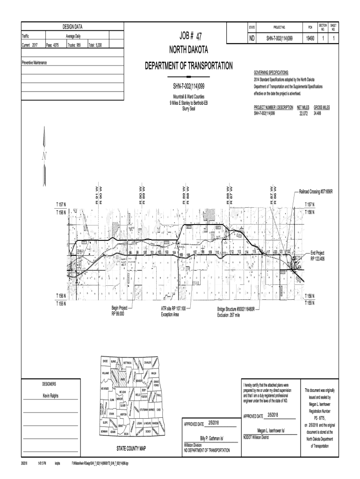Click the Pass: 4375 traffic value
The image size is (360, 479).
[x=52, y=45]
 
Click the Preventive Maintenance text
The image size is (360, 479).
[x=37, y=63]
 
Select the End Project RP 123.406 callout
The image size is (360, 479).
[x=321, y=255]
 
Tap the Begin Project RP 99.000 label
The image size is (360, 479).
[x=119, y=311]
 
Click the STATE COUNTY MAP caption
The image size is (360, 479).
[x=130, y=448]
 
